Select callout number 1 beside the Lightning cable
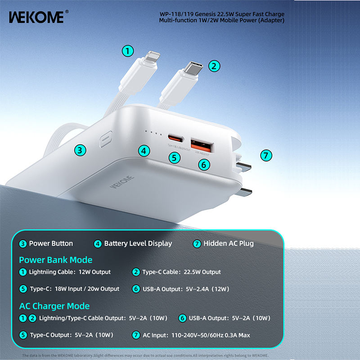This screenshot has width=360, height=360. point(129,51)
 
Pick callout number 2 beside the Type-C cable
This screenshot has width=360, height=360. point(215,66)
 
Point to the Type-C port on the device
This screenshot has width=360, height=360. point(174,138)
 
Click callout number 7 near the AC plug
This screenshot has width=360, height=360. point(266,156)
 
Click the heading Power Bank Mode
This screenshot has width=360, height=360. point(56,260)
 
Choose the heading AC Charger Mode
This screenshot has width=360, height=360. point(54,306)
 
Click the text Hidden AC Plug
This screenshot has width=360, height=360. point(229,243)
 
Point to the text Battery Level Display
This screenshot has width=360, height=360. point(138,243)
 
